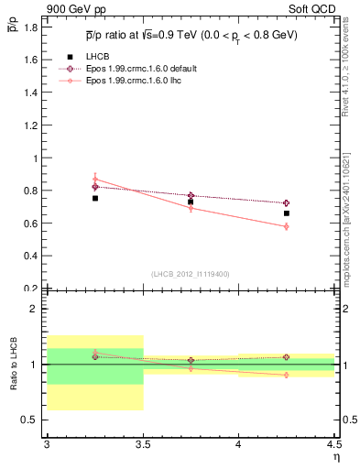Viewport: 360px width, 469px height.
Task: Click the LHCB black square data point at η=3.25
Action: [x=94, y=198]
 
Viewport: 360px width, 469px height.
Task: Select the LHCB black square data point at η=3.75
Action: [x=191, y=202]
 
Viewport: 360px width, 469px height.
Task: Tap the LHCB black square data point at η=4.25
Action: [x=287, y=213]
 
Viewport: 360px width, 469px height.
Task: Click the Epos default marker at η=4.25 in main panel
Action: [x=287, y=202]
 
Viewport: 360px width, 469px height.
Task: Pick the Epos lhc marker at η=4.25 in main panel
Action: [x=287, y=226]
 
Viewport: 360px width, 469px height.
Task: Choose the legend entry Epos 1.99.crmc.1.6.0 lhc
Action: [x=134, y=81]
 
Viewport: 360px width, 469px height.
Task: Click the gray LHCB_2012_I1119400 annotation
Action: [x=191, y=274]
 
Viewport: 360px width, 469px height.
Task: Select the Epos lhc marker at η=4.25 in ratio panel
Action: [x=287, y=375]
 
